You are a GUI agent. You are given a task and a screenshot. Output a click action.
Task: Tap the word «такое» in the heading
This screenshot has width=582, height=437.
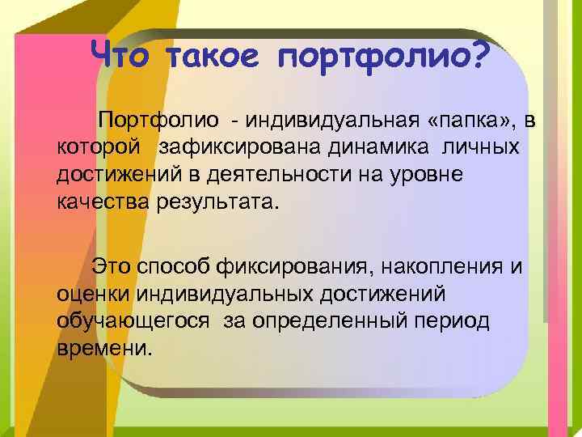[216, 56]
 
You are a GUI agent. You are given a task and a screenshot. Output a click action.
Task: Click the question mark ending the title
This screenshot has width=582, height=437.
[477, 54]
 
